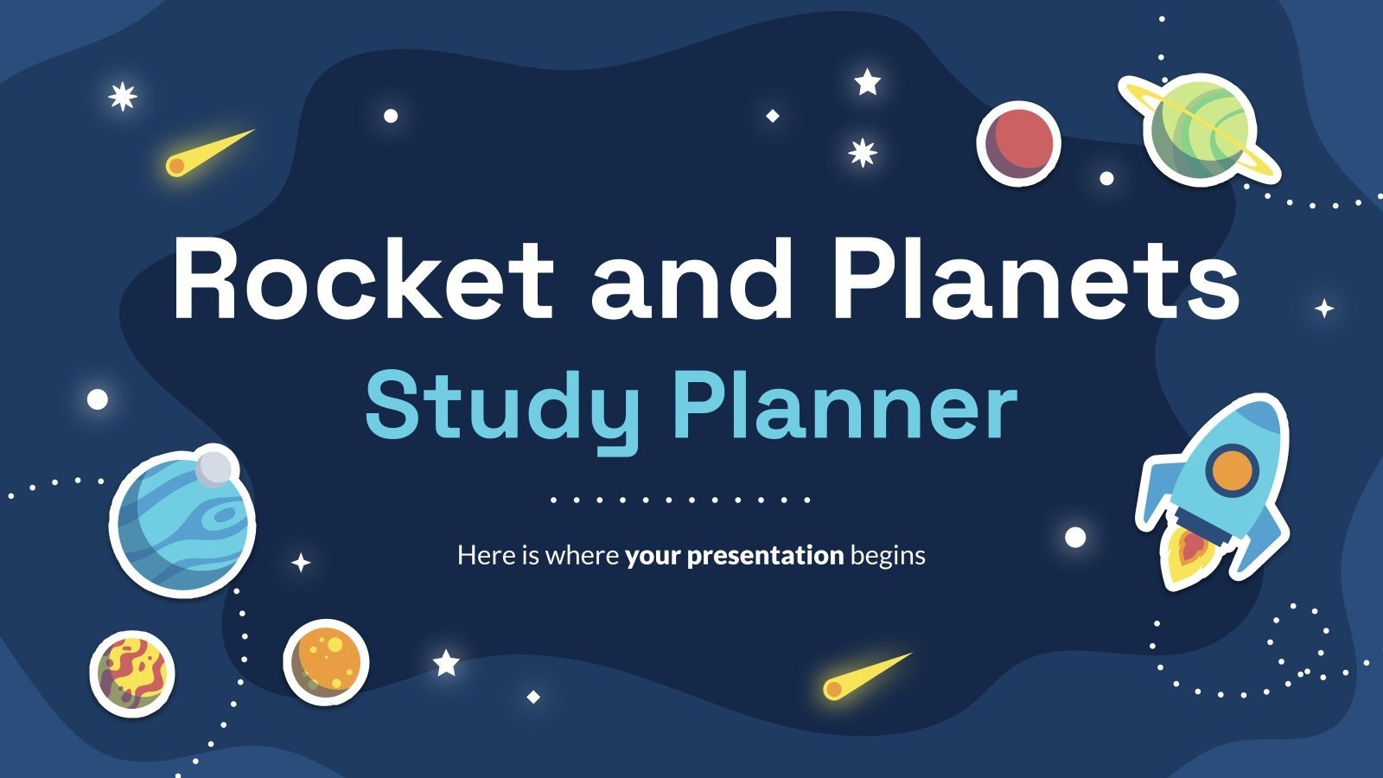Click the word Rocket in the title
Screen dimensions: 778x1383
[363, 278]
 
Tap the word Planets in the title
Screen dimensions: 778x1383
[1035, 278]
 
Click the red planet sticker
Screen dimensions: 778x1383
[1018, 143]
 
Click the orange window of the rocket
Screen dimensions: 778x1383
[1232, 469]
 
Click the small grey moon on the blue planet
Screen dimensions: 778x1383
[214, 467]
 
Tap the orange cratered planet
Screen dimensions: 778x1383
[326, 662]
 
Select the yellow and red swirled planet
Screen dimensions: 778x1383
[132, 673]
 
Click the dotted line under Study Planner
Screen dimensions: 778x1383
[680, 500]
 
